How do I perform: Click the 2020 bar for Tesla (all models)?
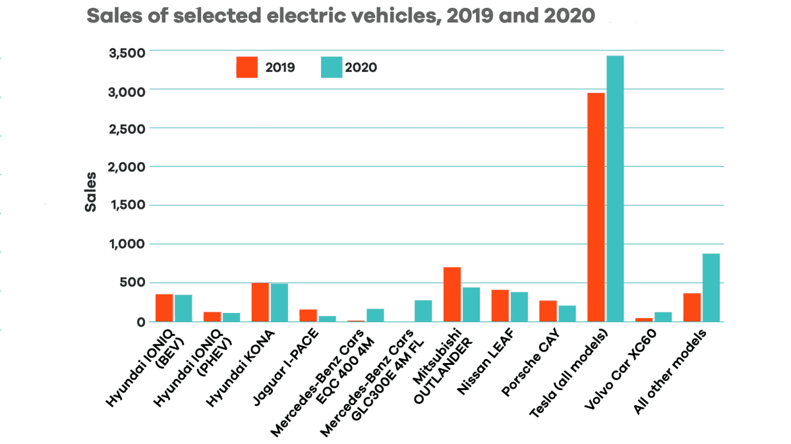point(615,188)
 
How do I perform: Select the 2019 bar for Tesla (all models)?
point(596,207)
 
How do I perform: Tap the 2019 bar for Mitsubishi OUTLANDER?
point(452,294)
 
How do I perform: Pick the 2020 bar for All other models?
point(711,288)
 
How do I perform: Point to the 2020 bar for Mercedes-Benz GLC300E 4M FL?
point(423,311)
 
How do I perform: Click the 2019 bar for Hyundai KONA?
point(260,302)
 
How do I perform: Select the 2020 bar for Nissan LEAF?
point(519,307)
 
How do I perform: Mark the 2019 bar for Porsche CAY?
point(548,311)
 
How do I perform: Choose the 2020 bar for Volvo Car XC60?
point(663,317)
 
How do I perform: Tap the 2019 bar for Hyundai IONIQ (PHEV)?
point(212,317)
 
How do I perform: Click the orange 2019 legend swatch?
point(247,67)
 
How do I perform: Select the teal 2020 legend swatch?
point(332,67)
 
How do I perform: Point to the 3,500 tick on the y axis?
point(127,53)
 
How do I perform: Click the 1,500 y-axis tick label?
point(128,205)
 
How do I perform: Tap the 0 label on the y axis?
point(141,322)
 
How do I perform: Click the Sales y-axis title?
point(91,192)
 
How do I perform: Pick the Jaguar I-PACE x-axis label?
point(286,367)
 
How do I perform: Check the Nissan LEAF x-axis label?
point(486,362)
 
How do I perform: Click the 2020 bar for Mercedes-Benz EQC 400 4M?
point(375,315)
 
